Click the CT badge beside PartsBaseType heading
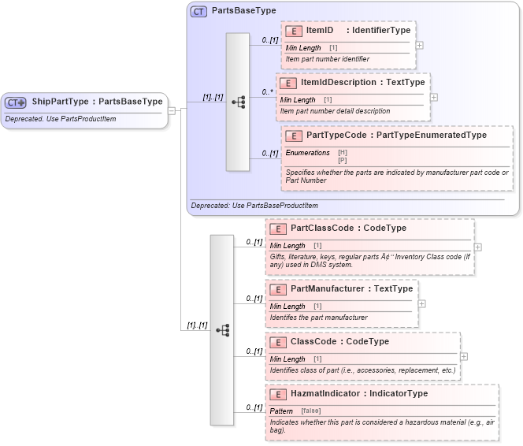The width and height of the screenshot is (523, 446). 198,12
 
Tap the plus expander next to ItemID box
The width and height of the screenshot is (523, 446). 419,45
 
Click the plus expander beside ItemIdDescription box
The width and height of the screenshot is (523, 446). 433,98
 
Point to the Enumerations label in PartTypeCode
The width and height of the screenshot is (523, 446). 306,152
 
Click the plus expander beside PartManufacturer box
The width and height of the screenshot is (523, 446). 422,303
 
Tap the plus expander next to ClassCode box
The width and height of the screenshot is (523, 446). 464,356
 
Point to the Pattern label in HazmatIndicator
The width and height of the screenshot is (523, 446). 281,411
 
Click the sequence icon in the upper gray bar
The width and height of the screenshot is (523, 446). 237,102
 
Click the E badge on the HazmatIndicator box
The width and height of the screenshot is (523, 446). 276,394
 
